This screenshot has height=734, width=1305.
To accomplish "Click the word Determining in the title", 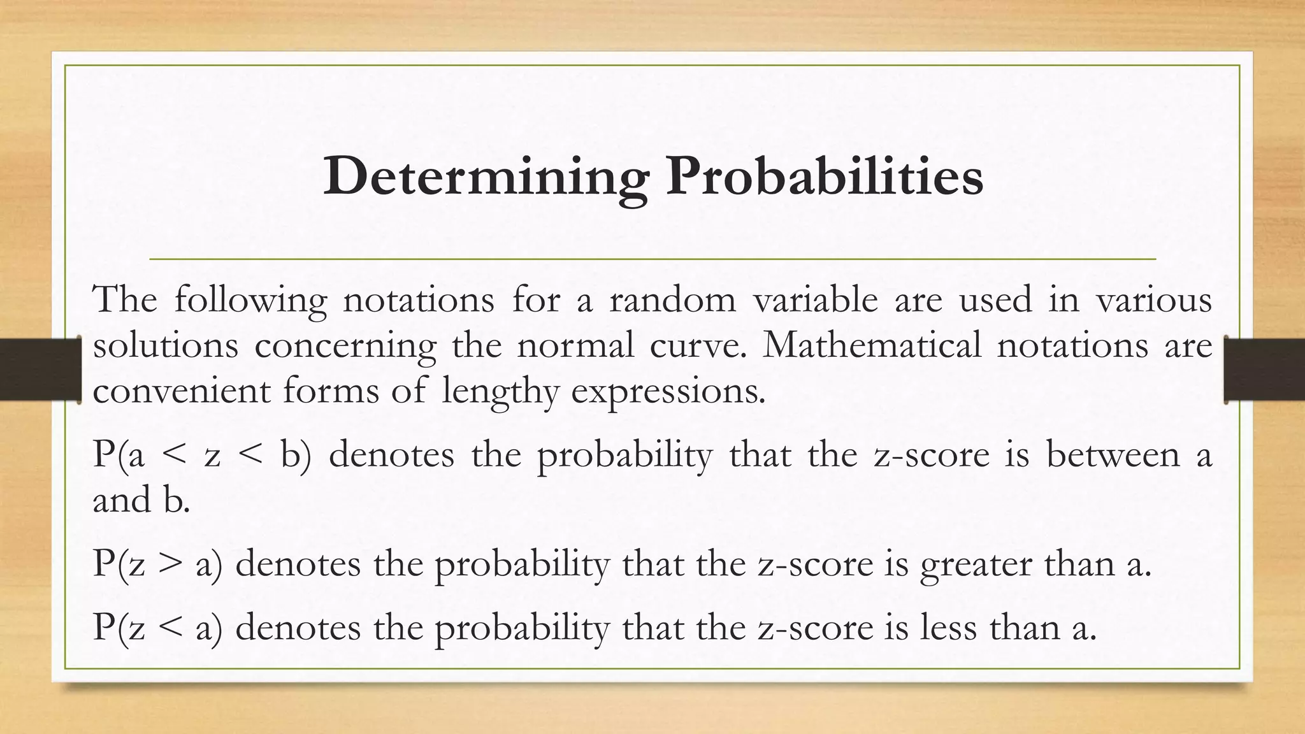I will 486,176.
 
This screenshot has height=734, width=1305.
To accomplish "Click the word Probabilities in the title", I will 825,176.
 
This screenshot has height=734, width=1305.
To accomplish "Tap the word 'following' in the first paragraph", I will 250,299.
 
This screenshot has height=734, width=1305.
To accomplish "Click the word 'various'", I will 1153,299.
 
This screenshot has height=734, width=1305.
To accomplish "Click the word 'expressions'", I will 667,392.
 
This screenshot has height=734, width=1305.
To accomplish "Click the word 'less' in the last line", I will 948,628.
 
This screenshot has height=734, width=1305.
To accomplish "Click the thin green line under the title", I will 652,259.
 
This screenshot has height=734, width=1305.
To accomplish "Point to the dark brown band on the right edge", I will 1265,370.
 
